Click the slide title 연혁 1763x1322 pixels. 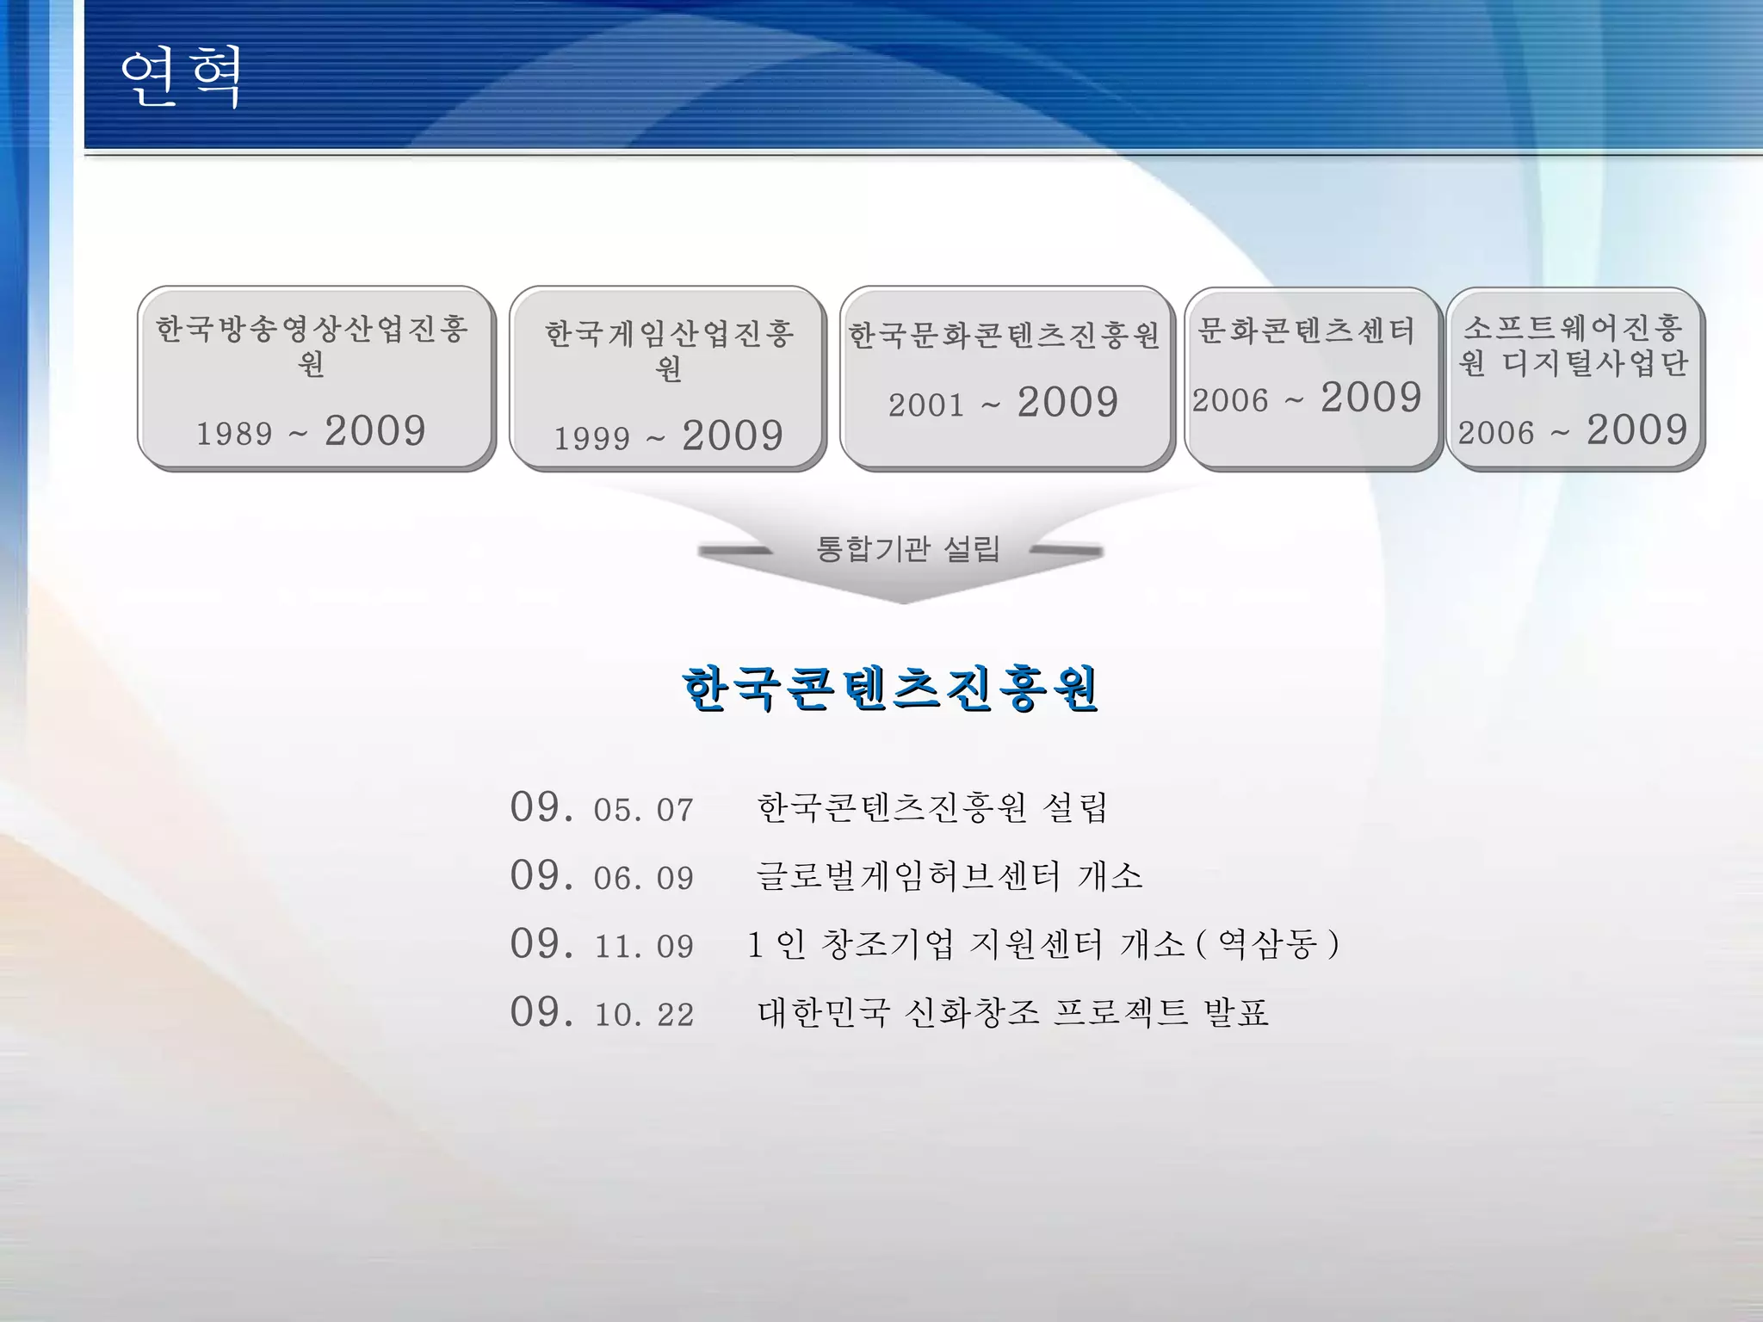tap(180, 77)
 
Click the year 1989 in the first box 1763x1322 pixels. tap(234, 434)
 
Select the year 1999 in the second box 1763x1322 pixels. tap(591, 439)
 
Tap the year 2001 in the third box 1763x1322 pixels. tap(926, 405)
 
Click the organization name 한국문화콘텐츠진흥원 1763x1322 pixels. tap(1004, 335)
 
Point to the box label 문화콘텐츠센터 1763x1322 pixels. tap(1306, 330)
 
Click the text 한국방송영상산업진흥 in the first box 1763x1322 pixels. tap(312, 328)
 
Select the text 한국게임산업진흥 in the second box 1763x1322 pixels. tap(669, 334)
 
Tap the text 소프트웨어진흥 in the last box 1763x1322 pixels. tap(1573, 328)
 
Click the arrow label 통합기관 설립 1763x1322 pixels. tap(907, 548)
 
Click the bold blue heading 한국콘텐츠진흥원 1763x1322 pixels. tap(890, 689)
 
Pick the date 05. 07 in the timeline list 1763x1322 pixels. tap(643, 810)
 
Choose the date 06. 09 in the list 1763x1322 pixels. tap(643, 878)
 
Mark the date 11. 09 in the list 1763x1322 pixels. tap(643, 947)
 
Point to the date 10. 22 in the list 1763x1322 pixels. tap(643, 1015)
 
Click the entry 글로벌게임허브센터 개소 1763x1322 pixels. tap(949, 876)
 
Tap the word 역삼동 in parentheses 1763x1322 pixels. tap(1267, 945)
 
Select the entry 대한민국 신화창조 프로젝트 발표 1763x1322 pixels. tap(1012, 1013)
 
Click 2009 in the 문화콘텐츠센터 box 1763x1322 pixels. tap(1370, 398)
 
